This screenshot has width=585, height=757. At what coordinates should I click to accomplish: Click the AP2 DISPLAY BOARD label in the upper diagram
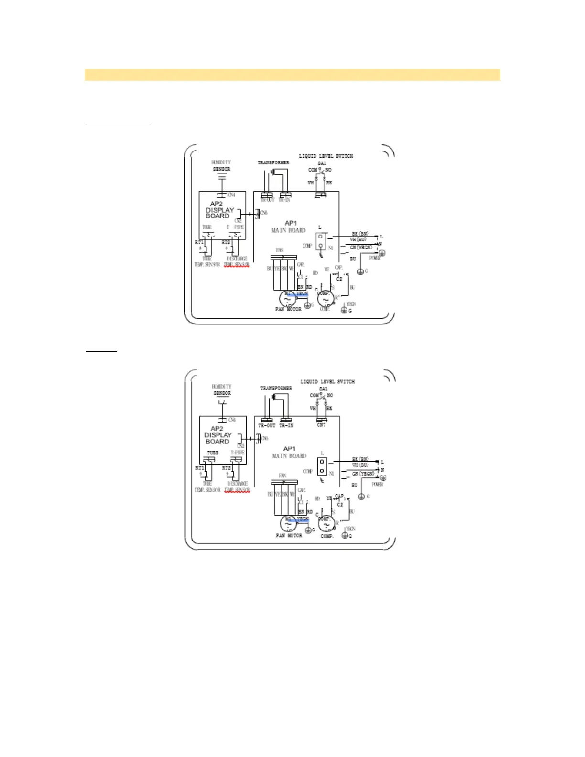click(x=219, y=210)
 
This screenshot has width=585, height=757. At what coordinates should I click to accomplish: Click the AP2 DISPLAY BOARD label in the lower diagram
click(x=218, y=435)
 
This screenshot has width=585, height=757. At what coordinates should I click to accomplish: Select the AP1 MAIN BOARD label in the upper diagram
click(x=289, y=227)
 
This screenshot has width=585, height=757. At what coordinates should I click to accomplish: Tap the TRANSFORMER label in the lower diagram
click(x=276, y=388)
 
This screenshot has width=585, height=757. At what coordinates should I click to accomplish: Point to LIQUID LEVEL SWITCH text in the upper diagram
click(x=326, y=156)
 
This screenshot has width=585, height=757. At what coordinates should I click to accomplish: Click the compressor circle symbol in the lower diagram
click(x=326, y=525)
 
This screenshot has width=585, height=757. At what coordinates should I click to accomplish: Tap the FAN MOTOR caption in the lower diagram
click(x=289, y=536)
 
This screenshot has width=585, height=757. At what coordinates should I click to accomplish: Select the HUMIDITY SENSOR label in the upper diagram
click(x=221, y=165)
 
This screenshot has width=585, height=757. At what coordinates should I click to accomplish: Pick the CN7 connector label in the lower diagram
click(x=321, y=425)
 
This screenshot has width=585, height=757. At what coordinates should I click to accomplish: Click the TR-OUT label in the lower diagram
click(x=267, y=425)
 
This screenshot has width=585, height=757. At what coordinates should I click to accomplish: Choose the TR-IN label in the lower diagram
click(x=286, y=425)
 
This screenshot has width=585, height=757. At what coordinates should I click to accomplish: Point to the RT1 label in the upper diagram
click(x=199, y=242)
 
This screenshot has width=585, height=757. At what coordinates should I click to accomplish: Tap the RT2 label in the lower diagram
click(x=227, y=468)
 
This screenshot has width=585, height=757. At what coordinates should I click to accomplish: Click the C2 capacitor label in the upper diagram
click(x=339, y=279)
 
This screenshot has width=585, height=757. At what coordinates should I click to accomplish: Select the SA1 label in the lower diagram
click(x=324, y=389)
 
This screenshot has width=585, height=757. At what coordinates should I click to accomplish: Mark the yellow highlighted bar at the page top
click(x=292, y=75)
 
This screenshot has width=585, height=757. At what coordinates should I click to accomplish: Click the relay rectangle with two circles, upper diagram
click(x=321, y=241)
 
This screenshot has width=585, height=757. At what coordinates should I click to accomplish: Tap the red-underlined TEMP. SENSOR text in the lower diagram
click(x=237, y=490)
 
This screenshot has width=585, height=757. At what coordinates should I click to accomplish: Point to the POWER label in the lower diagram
click(x=377, y=484)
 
